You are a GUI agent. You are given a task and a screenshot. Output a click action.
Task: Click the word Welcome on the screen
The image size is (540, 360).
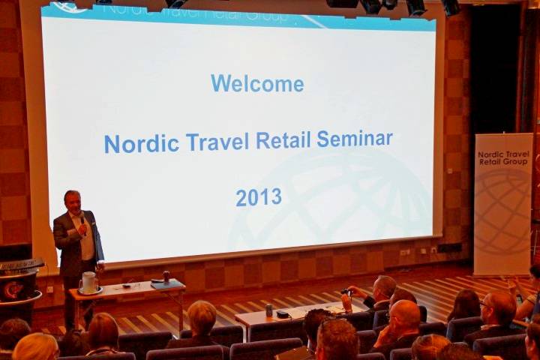click(257, 83)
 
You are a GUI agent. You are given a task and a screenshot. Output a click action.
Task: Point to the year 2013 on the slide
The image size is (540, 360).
click(259, 197)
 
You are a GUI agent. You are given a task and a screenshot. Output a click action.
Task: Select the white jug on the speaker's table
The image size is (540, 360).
click(89, 283)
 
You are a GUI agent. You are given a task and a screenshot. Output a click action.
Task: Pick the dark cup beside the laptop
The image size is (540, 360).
click(166, 276)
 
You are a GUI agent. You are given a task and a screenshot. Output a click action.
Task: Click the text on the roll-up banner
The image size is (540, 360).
click(503, 158)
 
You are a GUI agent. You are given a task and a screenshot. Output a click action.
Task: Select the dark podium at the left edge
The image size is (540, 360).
click(19, 285)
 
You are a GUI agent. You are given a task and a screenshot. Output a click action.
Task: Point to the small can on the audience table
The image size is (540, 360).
click(268, 310)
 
